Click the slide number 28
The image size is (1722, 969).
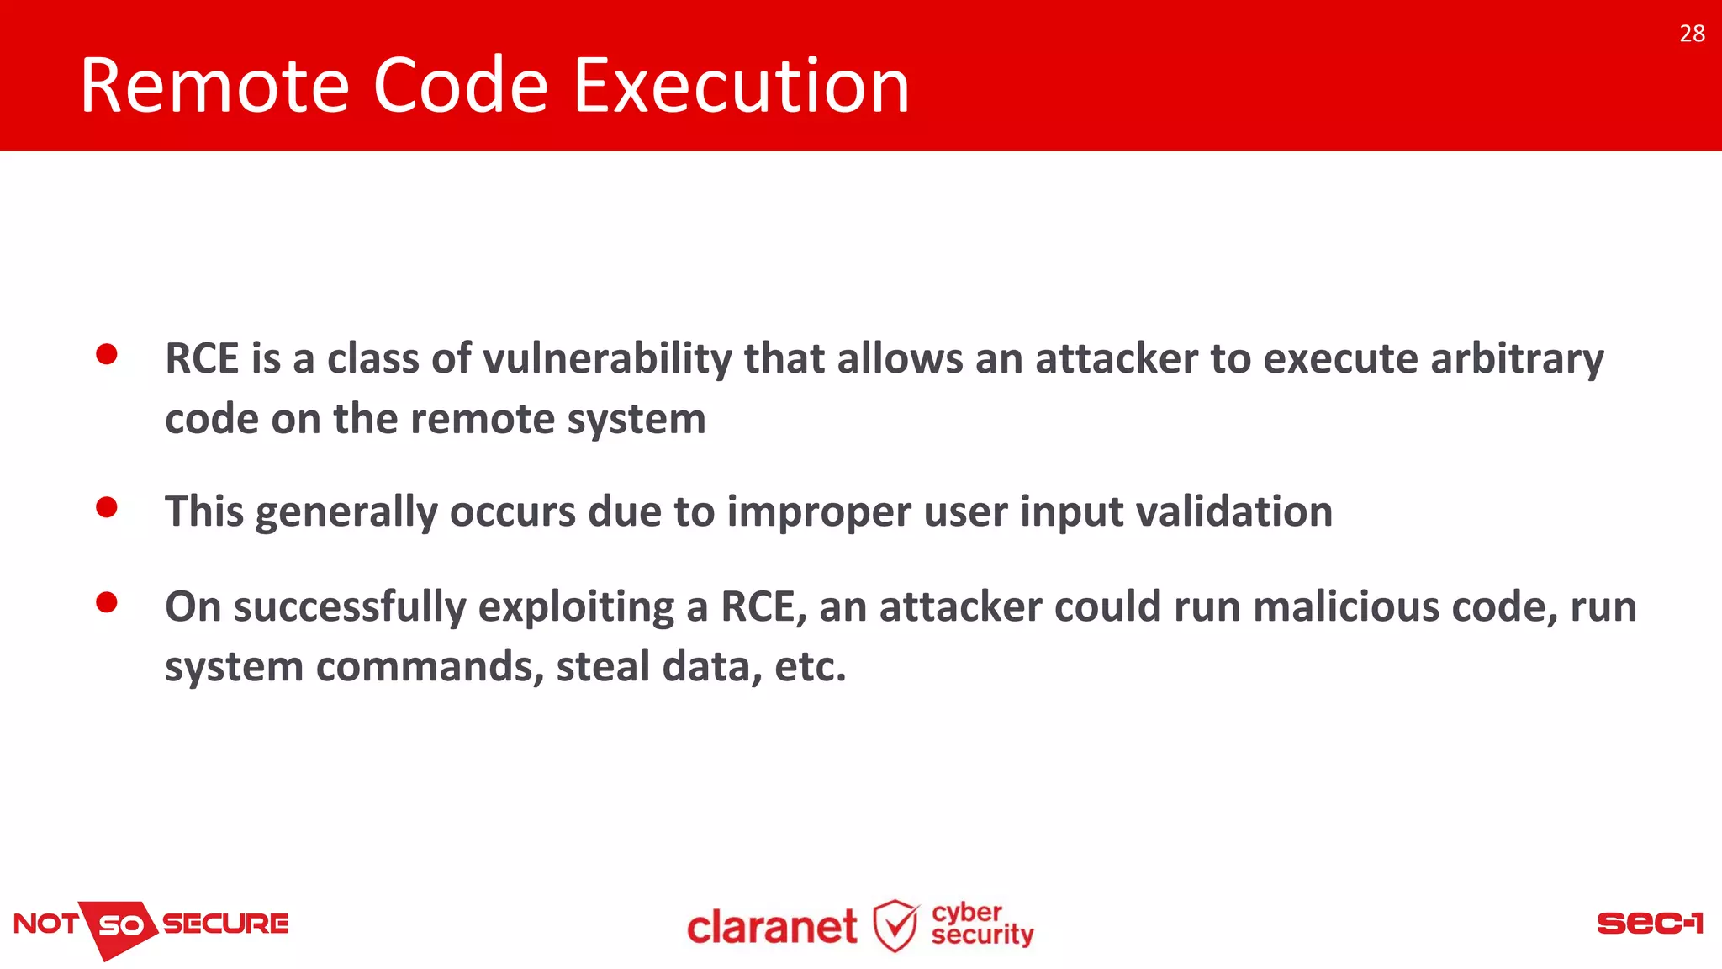[1692, 34]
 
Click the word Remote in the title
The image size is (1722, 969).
[214, 86]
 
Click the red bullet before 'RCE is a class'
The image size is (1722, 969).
[107, 354]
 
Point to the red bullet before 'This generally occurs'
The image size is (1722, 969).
[107, 507]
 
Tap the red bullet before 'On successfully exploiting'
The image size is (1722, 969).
[107, 602]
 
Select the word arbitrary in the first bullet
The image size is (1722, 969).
[1517, 359]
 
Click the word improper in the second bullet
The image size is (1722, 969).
[818, 512]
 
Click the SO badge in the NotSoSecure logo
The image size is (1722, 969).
[122, 926]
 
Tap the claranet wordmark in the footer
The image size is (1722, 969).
[772, 928]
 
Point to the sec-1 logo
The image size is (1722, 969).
[1649, 924]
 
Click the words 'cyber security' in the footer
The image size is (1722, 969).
[981, 924]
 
